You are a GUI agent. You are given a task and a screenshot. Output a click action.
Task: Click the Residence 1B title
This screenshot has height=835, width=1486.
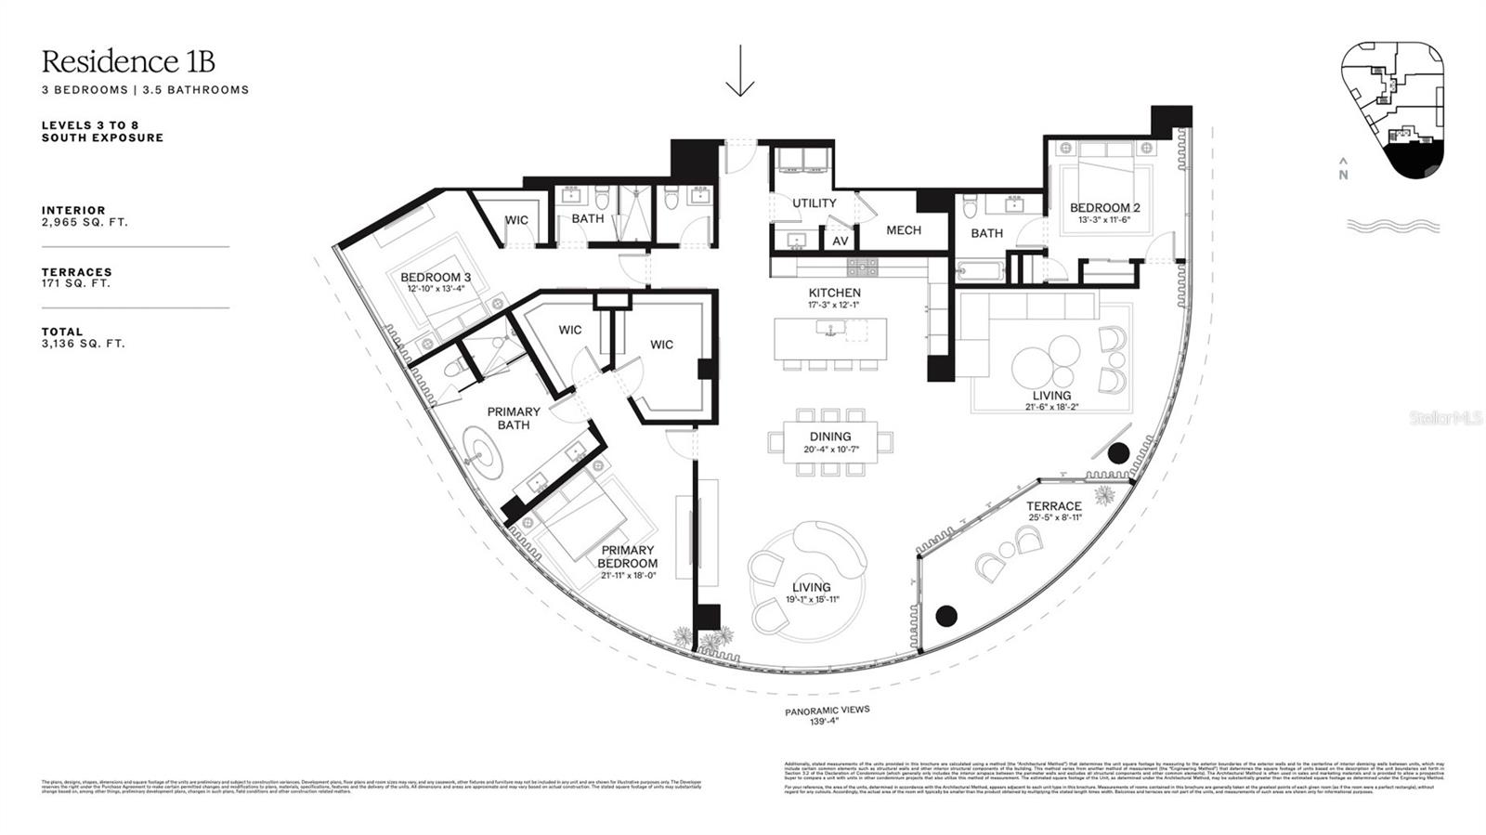click(128, 61)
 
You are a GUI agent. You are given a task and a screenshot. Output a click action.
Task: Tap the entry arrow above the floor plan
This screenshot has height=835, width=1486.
click(739, 71)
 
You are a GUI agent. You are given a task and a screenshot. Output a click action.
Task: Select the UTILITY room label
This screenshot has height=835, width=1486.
click(814, 202)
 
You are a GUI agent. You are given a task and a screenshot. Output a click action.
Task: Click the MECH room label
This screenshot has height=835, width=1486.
click(903, 230)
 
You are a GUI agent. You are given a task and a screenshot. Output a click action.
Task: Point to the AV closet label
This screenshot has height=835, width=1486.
click(840, 241)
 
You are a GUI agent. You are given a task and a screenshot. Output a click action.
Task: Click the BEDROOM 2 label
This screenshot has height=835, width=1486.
click(1104, 208)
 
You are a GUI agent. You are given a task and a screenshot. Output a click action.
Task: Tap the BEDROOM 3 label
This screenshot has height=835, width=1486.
click(435, 277)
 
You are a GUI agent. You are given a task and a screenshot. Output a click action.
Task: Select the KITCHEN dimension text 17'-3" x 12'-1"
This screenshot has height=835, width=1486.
click(834, 305)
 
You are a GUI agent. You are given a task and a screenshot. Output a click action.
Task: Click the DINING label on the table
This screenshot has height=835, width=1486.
click(829, 437)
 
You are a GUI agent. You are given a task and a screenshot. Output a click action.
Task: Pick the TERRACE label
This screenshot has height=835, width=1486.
click(1054, 506)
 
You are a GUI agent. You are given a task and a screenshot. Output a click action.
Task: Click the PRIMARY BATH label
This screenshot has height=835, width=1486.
click(513, 418)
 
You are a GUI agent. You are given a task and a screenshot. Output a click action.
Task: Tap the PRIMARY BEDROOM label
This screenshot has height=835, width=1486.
click(627, 556)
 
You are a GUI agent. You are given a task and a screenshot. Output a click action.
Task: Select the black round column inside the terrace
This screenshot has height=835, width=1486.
click(945, 615)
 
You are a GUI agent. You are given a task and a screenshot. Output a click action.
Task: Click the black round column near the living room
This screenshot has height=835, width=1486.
click(1118, 452)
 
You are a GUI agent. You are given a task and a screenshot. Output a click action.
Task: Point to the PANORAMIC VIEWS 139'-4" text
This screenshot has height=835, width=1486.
click(827, 715)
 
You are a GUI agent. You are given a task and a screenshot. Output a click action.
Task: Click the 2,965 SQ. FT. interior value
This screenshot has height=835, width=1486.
click(85, 223)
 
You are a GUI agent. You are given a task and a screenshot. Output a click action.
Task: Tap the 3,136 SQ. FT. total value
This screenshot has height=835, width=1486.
click(83, 344)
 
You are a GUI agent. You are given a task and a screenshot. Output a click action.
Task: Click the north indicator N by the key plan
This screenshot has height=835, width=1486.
click(1343, 174)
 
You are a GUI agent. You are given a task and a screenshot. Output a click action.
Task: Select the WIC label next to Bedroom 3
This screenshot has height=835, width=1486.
click(516, 220)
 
